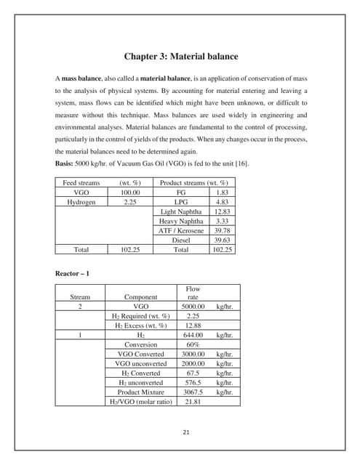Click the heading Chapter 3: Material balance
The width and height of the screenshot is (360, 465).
(180, 55)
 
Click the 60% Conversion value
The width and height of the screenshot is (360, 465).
(193, 344)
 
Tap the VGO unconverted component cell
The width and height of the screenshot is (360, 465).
(141, 363)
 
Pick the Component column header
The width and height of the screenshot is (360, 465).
(141, 297)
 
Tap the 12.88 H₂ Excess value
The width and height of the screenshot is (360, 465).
(193, 325)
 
